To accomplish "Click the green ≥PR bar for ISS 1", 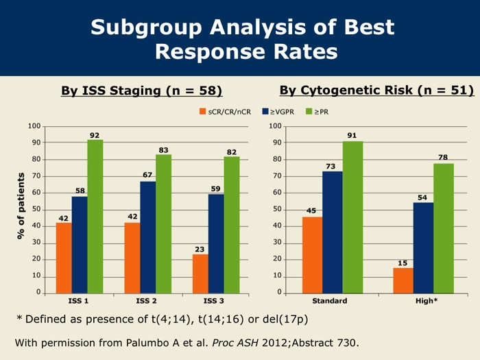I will point(95,216).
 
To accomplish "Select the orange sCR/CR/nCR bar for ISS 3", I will point(200,273).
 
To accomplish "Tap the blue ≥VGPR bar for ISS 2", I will point(147,237).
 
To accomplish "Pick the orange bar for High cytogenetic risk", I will point(403,280).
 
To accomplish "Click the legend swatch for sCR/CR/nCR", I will point(203,111).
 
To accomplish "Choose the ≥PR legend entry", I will point(316,111).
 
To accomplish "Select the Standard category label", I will point(330,300).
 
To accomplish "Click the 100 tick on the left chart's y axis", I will point(34,126).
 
